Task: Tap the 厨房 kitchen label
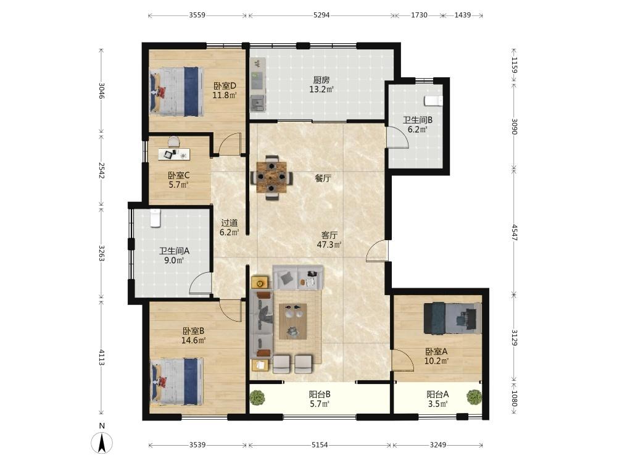tap(321, 80)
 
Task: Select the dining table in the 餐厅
tap(271, 178)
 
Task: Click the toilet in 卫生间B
tap(433, 101)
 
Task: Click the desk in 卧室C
tap(174, 154)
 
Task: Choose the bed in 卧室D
tap(176, 91)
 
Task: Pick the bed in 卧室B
tap(178, 381)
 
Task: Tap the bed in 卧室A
tap(452, 318)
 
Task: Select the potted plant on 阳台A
tap(474, 396)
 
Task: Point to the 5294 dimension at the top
tap(321, 15)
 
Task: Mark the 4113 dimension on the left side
tap(102, 357)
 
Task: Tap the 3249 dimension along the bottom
tap(437, 445)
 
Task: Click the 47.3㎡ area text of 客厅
tap(329, 244)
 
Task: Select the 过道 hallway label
tap(230, 223)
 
